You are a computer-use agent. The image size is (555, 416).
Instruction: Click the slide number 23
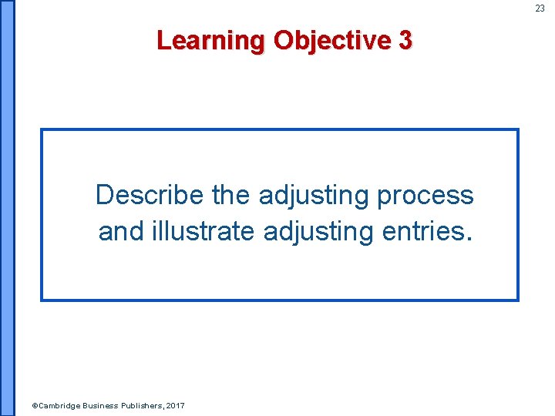[540, 8]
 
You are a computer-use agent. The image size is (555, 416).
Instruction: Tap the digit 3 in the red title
[405, 40]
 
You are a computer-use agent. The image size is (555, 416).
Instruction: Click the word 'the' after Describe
[231, 196]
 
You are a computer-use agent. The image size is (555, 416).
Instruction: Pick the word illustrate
[202, 230]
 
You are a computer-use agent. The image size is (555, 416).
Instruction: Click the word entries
[420, 230]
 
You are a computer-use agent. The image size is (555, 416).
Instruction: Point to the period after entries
[465, 238]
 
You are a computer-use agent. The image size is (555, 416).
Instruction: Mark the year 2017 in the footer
[175, 405]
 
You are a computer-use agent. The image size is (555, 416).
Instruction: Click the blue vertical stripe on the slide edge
[7, 208]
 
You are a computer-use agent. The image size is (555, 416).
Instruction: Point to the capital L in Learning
[163, 40]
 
